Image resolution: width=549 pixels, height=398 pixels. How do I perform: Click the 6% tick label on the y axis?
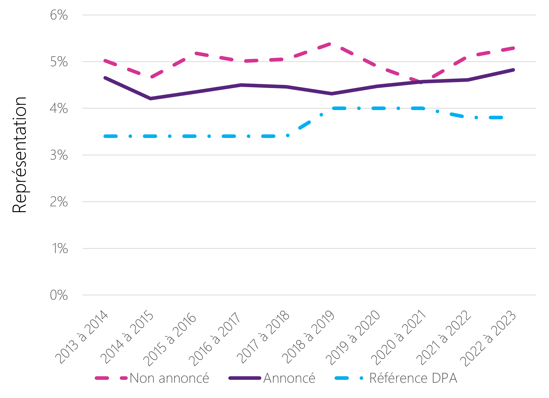(x=59, y=15)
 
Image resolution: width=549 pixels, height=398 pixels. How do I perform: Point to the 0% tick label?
(x=59, y=295)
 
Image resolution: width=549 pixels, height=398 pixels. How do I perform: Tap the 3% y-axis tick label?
(x=59, y=155)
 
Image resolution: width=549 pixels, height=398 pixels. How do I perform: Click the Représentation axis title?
(x=19, y=155)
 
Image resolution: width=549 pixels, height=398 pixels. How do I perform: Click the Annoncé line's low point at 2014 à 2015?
(x=150, y=99)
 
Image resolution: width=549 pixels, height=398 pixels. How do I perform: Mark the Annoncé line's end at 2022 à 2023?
(x=513, y=70)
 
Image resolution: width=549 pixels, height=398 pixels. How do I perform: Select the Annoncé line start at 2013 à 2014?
(x=105, y=78)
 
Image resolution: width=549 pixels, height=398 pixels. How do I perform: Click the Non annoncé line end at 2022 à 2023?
(x=513, y=48)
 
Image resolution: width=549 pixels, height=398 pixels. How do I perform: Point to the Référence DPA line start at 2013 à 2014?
(x=105, y=136)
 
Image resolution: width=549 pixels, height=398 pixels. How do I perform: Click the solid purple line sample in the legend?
(x=245, y=378)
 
